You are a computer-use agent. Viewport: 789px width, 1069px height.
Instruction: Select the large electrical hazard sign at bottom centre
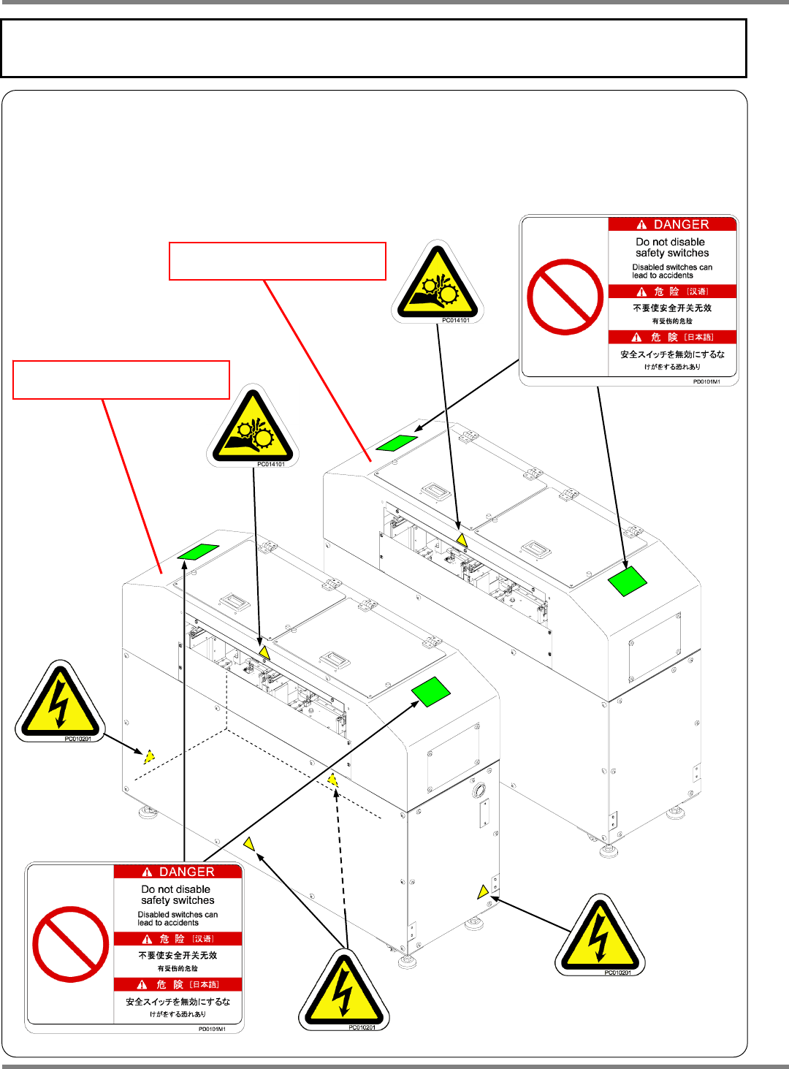click(x=343, y=992)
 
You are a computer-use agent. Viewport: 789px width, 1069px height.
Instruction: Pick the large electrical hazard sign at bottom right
click(x=600, y=938)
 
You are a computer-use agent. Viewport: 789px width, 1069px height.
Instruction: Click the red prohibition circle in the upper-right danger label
click(x=565, y=297)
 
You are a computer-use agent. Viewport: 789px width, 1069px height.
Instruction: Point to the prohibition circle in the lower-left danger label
click(x=71, y=944)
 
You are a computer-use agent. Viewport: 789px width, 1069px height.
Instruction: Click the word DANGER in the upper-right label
click(x=681, y=224)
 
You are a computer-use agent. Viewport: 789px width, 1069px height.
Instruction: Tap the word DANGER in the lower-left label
click(x=186, y=872)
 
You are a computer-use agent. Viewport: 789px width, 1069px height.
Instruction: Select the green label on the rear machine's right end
click(x=628, y=581)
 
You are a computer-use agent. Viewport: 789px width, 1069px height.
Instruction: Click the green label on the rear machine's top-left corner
click(x=397, y=443)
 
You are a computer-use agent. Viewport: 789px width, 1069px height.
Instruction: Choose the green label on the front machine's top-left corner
click(x=198, y=552)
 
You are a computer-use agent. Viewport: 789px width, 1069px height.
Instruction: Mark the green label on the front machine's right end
click(x=431, y=691)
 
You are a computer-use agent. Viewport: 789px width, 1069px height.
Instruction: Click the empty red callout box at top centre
click(x=278, y=261)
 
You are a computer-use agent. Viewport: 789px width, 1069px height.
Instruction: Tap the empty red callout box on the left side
click(x=121, y=379)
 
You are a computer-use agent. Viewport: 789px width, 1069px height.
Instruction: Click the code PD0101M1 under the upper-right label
click(x=706, y=381)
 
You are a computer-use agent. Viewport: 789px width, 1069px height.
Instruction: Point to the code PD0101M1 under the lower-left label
click(x=212, y=1029)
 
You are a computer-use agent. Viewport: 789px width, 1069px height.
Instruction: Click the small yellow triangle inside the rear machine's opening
click(x=461, y=540)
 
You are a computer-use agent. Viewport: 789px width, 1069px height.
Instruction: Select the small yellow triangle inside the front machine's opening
click(x=264, y=653)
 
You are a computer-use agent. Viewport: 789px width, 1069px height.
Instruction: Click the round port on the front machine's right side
click(x=479, y=791)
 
